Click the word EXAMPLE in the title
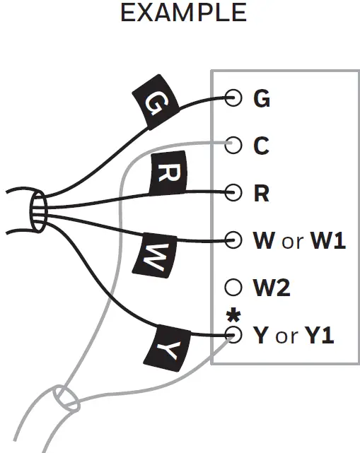point(183,13)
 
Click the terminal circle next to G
point(233,98)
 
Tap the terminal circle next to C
point(233,146)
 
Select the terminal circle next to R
point(233,192)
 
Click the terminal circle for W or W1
point(233,240)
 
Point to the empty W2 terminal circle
point(233,288)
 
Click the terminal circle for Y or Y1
point(233,335)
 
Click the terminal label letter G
point(262,99)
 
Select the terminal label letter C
point(261,146)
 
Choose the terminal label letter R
point(261,193)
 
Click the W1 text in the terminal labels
point(328,241)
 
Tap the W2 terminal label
point(272,288)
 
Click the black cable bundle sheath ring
point(38,211)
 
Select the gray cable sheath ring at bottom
point(64,399)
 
